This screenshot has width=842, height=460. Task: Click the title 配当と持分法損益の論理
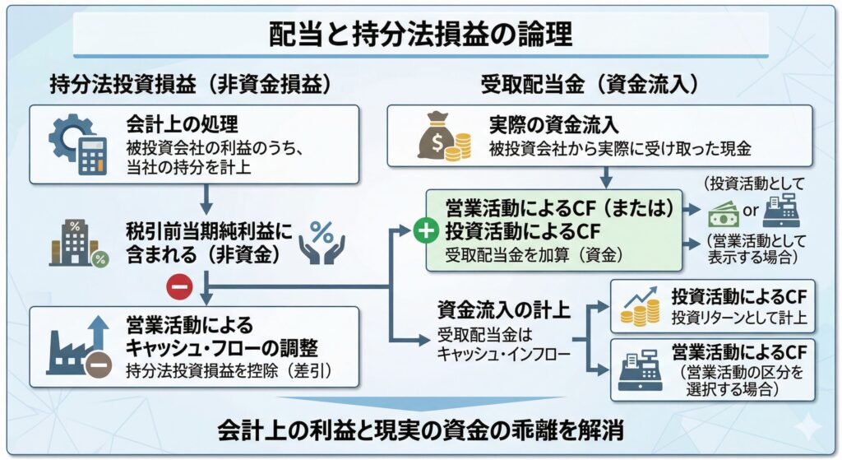click(x=420, y=35)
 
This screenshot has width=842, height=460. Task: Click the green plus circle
click(x=426, y=232)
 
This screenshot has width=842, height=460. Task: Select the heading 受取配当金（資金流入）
click(x=590, y=84)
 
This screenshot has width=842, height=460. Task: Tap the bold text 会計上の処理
click(x=182, y=125)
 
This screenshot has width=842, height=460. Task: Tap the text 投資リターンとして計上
click(x=739, y=318)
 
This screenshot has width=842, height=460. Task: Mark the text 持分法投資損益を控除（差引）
click(x=228, y=370)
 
